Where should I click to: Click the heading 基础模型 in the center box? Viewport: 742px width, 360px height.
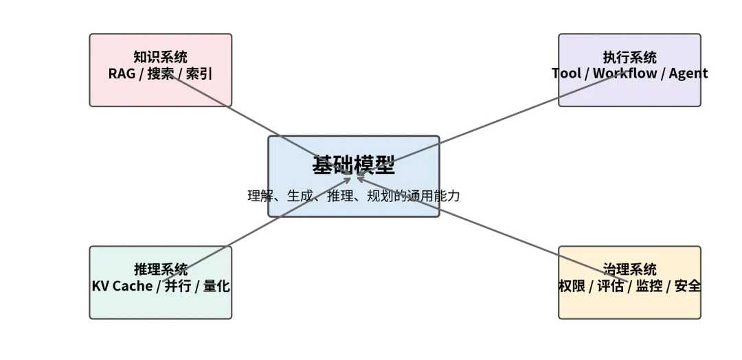pyautogui.click(x=353, y=166)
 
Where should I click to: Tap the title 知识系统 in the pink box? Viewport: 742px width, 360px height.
pyautogui.click(x=160, y=57)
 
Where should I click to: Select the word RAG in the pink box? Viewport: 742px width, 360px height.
pyautogui.click(x=122, y=73)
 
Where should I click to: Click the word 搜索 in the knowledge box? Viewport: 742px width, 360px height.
pyautogui.click(x=160, y=73)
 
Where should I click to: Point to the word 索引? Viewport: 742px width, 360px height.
pyautogui.click(x=199, y=73)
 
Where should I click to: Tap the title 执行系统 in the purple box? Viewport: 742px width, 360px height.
pyautogui.click(x=629, y=57)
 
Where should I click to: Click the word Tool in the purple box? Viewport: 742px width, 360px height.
pyautogui.click(x=566, y=73)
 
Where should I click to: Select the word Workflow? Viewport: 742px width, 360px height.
pyautogui.click(x=625, y=73)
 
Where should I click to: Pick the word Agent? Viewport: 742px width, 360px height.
pyautogui.click(x=688, y=73)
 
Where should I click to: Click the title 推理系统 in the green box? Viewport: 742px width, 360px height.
pyautogui.click(x=160, y=269)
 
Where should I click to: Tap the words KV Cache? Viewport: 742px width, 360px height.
pyautogui.click(x=122, y=286)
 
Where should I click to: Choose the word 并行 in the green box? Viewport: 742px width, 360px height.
pyautogui.click(x=177, y=286)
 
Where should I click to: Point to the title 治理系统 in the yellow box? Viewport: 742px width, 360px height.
pyautogui.click(x=629, y=269)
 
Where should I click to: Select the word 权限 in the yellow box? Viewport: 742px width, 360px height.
pyautogui.click(x=572, y=286)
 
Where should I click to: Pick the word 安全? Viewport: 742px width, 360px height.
pyautogui.click(x=687, y=286)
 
